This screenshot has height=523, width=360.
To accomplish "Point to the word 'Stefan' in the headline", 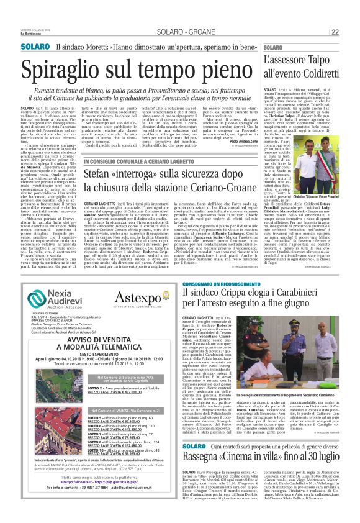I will tap(101, 175).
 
